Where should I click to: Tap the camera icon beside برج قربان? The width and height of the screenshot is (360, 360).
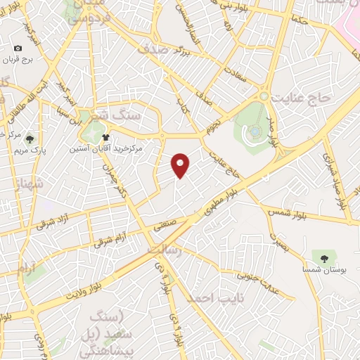coord(18,49)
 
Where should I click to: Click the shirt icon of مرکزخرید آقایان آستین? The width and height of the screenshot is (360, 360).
coord(105,138)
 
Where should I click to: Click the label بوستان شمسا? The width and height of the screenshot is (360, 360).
coord(324,270)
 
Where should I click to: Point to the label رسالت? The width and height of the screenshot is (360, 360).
coord(162,249)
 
